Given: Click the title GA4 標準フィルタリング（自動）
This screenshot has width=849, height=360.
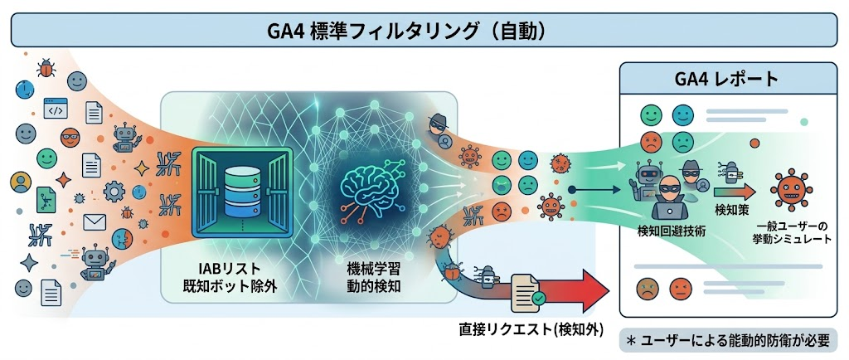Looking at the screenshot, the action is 405,32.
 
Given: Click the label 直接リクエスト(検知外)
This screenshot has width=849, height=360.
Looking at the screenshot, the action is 531,328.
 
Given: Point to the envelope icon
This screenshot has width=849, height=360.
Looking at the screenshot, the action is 95,222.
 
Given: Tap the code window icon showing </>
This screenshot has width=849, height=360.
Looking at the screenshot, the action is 56,109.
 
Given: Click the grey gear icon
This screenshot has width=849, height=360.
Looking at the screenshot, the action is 114,191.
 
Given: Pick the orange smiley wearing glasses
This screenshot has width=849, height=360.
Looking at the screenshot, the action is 70,138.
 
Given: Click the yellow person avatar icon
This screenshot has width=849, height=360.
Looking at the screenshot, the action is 21,182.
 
